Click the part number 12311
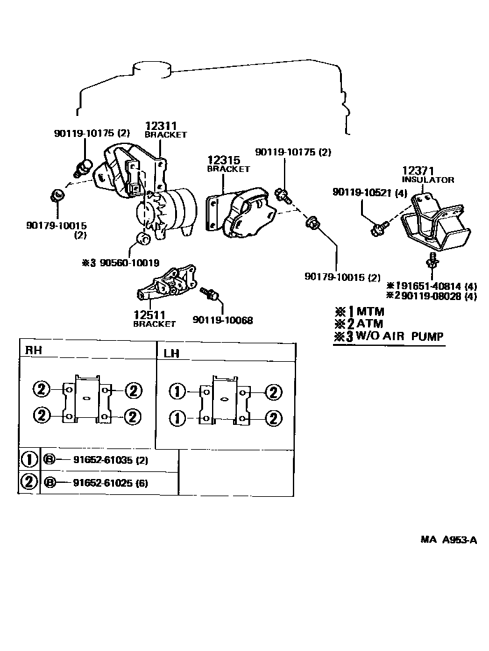pyautogui.click(x=160, y=126)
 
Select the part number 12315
pyautogui.click(x=222, y=159)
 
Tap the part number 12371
pyautogui.click(x=417, y=171)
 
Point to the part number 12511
pyautogui.click(x=149, y=314)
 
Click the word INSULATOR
pyautogui.click(x=427, y=180)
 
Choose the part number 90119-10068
pyautogui.click(x=222, y=320)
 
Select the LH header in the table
pyautogui.click(x=171, y=352)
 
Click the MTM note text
pyautogui.click(x=370, y=311)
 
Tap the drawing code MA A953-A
pyautogui.click(x=448, y=540)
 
